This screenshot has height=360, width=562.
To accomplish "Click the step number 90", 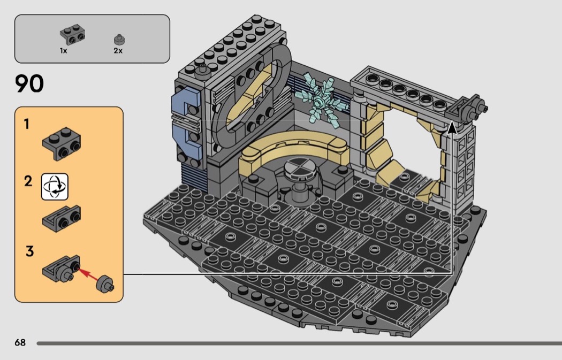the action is [x=29, y=83].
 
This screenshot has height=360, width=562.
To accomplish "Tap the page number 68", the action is [x=20, y=343].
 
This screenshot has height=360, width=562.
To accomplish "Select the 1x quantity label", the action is [x=64, y=51].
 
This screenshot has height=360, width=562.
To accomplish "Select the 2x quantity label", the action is [x=118, y=51].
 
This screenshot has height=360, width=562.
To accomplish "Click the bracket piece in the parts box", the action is [x=72, y=34].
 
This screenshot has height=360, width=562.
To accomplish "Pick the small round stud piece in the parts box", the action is [x=119, y=39].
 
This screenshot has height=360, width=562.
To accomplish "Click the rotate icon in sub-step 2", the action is [x=55, y=187].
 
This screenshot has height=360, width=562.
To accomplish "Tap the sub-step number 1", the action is [x=26, y=124].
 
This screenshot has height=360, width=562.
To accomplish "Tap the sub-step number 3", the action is [x=30, y=251].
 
